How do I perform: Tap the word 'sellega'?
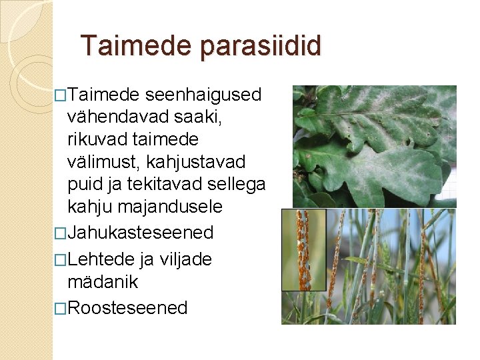pos(239,185)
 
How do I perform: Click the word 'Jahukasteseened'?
pos(140,233)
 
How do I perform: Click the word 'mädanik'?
pos(103,281)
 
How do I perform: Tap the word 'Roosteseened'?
pos(127,307)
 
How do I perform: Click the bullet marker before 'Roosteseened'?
pos(61,308)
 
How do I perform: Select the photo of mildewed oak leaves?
pos(375,146)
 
